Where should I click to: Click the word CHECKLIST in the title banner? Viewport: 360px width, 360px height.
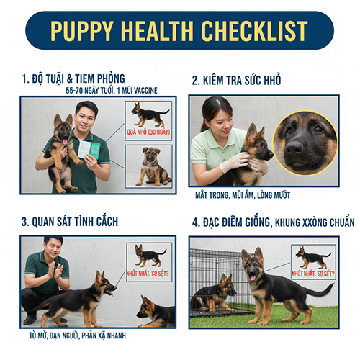tap(254, 31)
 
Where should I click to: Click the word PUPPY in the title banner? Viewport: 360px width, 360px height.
tap(82, 31)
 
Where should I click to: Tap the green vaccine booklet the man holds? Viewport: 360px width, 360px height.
tap(89, 150)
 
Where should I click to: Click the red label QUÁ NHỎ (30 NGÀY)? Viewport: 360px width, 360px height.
tap(148, 132)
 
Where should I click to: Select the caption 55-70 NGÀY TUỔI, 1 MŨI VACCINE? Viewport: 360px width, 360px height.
tap(112, 91)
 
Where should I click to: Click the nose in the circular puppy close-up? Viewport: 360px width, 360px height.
tap(294, 147)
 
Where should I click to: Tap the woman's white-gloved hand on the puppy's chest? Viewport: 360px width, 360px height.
tap(234, 161)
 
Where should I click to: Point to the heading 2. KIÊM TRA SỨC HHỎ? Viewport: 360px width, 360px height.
tap(236, 80)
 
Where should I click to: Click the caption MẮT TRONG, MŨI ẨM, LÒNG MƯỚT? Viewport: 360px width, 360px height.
tap(243, 195)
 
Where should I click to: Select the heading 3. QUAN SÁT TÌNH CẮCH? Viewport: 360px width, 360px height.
tap(70, 222)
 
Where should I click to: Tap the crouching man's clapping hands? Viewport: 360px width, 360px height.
tap(55, 271)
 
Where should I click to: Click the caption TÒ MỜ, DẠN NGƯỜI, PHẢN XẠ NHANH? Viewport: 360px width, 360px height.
tap(77, 336)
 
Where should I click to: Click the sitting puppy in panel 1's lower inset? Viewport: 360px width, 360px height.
tap(153, 167)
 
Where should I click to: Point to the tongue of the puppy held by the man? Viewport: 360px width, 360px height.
tap(65, 142)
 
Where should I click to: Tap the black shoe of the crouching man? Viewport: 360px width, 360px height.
tap(30, 319)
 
